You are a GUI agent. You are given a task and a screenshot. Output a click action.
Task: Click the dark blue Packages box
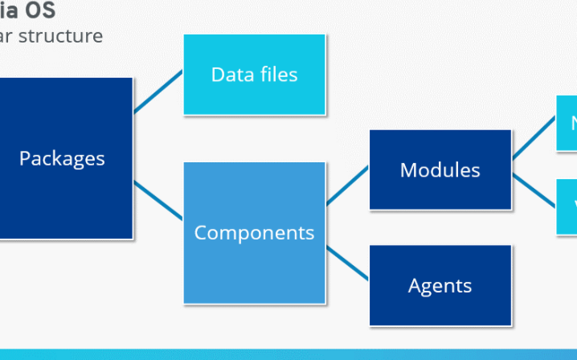pyautogui.click(x=64, y=158)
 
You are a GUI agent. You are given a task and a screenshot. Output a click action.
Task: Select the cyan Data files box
pyautogui.click(x=255, y=75)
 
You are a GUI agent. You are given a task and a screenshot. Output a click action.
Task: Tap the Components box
pyautogui.click(x=254, y=233)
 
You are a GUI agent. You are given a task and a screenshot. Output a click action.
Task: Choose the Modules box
pyautogui.click(x=440, y=170)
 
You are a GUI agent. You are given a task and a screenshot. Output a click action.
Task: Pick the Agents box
pyautogui.click(x=440, y=285)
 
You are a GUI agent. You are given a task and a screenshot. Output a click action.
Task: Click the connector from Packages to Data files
pyautogui.click(x=158, y=92)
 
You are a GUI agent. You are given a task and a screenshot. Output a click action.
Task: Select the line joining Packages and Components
pyautogui.click(x=158, y=199)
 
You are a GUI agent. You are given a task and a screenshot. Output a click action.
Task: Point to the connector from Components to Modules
pyautogui.click(x=347, y=186)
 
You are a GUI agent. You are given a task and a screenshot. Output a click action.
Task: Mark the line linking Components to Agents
pyautogui.click(x=347, y=264)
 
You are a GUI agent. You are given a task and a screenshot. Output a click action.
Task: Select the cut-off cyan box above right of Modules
pyautogui.click(x=567, y=123)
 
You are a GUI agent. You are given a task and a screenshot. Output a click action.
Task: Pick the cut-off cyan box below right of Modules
pyautogui.click(x=567, y=207)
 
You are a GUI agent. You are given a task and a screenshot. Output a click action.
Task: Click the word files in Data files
pyautogui.click(x=278, y=75)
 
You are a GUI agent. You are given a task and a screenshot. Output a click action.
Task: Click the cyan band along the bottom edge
pyautogui.click(x=288, y=354)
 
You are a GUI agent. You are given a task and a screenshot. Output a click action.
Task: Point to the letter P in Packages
pyautogui.click(x=25, y=158)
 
